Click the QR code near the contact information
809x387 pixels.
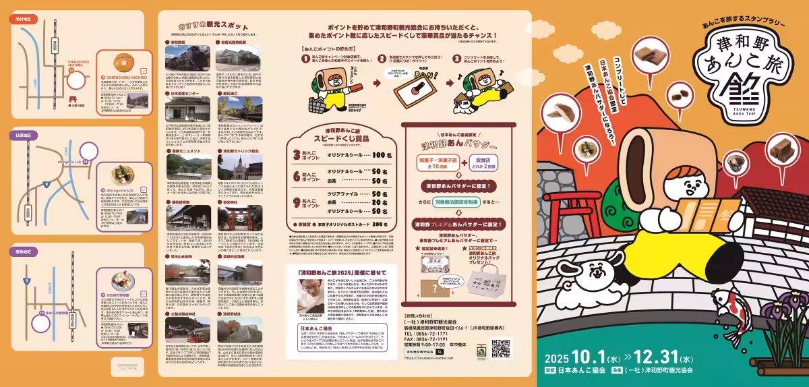pyautogui.click(x=500, y=349)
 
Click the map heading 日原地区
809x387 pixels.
pyautogui.click(x=24, y=136)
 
